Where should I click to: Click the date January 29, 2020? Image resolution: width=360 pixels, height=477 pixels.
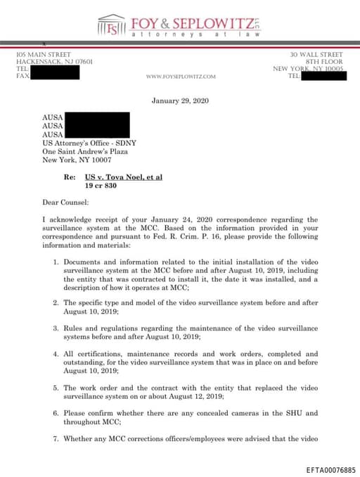click(x=180, y=101)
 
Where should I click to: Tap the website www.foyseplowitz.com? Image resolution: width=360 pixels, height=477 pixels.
click(x=181, y=76)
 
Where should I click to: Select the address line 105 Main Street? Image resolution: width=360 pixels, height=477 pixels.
click(x=44, y=54)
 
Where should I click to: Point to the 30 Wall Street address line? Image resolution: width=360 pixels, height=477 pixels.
click(x=316, y=54)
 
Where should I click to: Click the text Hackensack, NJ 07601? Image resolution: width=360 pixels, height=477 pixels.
click(x=54, y=61)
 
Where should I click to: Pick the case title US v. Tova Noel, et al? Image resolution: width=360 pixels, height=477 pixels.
click(x=123, y=177)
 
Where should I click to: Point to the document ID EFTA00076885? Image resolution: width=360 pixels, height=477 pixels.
click(x=331, y=469)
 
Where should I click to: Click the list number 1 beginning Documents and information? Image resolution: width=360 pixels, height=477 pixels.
click(x=56, y=262)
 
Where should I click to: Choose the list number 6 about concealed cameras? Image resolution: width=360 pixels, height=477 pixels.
click(x=56, y=413)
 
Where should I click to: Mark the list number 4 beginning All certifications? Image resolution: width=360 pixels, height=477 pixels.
click(x=56, y=354)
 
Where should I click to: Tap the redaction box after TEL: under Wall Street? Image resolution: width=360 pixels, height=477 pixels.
click(x=325, y=75)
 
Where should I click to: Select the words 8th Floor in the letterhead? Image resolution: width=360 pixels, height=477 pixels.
click(x=325, y=61)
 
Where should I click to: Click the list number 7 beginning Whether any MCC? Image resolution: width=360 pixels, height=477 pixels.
click(x=56, y=439)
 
